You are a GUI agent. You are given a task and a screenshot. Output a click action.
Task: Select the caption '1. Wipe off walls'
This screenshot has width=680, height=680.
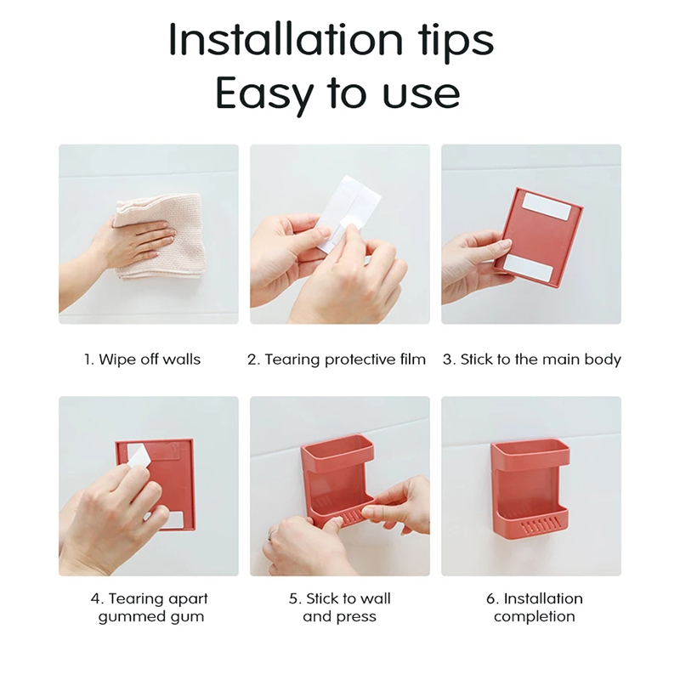(x=142, y=360)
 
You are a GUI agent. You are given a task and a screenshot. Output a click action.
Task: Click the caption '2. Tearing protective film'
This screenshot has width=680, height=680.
(x=337, y=360)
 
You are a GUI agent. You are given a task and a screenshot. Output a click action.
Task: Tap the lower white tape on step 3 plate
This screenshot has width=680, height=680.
(x=529, y=267)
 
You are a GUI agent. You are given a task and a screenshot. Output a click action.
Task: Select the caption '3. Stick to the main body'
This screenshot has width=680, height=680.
(x=532, y=360)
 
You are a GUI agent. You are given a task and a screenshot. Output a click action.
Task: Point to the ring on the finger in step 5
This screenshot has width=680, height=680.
(x=271, y=536)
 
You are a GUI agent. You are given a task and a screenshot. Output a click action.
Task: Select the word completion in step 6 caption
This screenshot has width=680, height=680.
(x=535, y=617)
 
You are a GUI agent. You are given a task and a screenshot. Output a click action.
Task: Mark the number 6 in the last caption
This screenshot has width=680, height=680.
(x=490, y=599)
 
